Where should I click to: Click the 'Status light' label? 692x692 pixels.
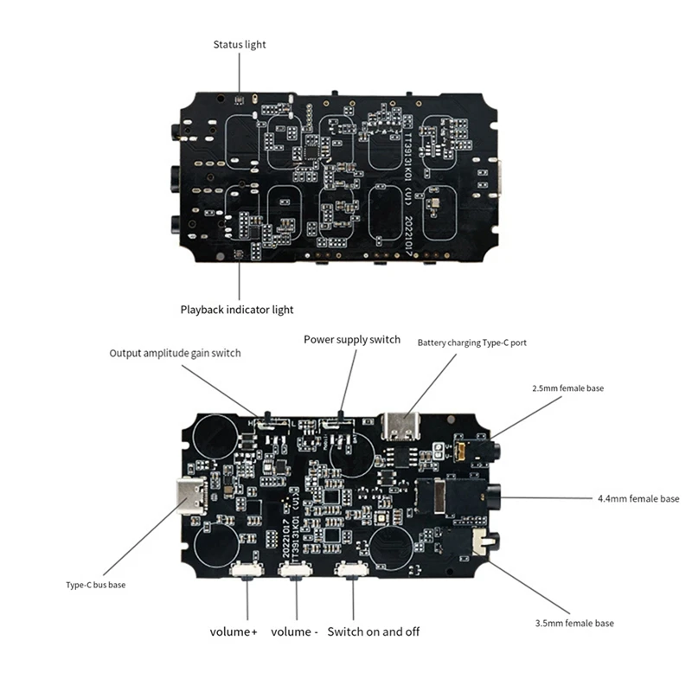[x=240, y=44]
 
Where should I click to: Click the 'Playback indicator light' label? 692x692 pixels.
[x=236, y=309]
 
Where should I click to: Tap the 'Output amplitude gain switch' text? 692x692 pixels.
[x=175, y=353]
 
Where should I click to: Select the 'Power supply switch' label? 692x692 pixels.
[x=351, y=339]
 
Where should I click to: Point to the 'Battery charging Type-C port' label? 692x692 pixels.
[x=471, y=343]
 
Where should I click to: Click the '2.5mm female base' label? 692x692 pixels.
[x=567, y=388]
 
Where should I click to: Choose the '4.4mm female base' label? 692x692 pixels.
[x=638, y=498]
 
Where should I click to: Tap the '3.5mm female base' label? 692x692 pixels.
[x=573, y=623]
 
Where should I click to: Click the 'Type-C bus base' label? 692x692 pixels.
[x=96, y=585]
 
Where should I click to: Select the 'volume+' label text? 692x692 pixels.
[x=234, y=631]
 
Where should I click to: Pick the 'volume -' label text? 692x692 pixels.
[x=294, y=631]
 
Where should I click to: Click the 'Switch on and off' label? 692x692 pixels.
[x=373, y=631]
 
